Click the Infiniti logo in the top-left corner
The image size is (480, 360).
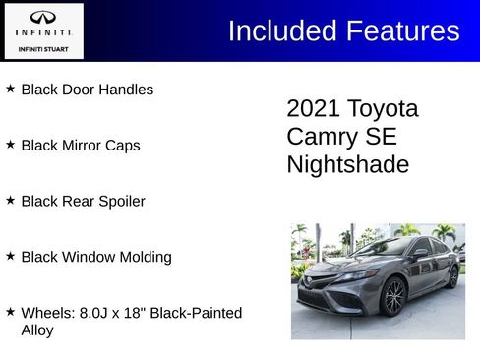tap(43, 19)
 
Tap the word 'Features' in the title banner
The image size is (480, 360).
tap(401, 31)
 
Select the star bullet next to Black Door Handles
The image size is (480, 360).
tap(10, 89)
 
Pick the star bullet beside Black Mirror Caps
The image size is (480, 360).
tap(10, 145)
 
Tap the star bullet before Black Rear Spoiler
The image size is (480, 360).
tap(10, 201)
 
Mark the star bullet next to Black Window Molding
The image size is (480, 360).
tap(10, 257)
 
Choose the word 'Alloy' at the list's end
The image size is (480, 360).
tap(37, 330)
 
